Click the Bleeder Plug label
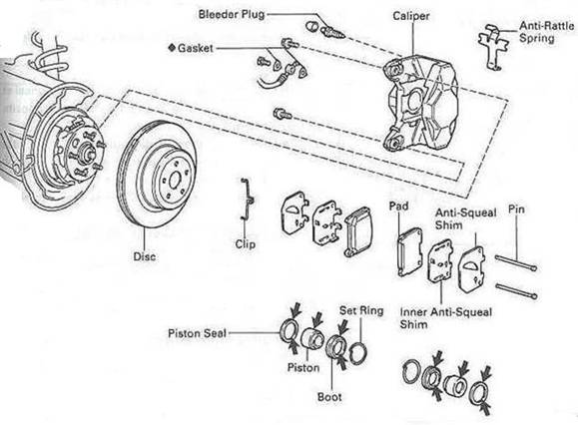tap(232, 15)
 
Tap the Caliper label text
tap(411, 16)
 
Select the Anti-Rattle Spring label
tap(547, 32)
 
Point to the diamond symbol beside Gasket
tap(172, 48)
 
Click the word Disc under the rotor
tap(144, 256)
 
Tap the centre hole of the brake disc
tap(175, 181)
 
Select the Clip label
tap(246, 244)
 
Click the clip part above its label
tap(247, 201)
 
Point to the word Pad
tap(399, 206)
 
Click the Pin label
tap(516, 210)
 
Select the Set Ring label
tap(361, 310)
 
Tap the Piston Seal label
tap(197, 333)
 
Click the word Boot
tap(329, 397)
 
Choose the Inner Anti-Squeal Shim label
tap(446, 318)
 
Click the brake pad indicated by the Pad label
tap(409, 251)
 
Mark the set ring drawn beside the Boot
tap(357, 353)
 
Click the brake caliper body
tap(422, 104)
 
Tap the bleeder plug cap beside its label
tap(311, 26)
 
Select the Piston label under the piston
tap(303, 367)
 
